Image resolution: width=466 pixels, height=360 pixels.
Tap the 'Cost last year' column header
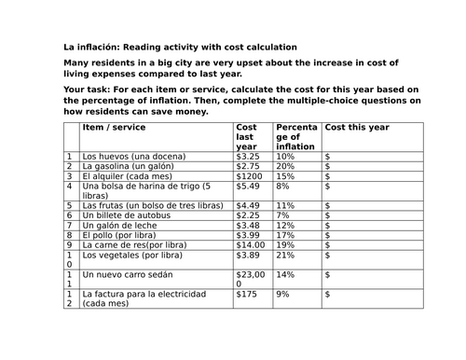[x=248, y=136]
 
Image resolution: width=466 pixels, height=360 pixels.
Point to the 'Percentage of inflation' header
[x=295, y=136]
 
